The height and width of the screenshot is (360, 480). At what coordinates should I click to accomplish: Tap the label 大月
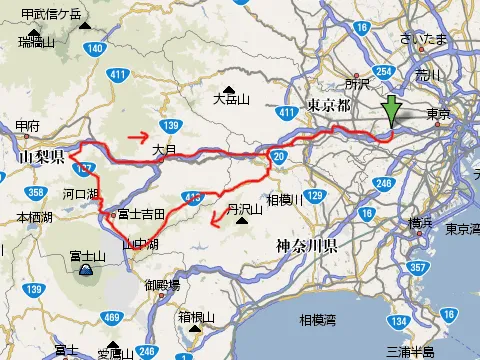(x=164, y=150)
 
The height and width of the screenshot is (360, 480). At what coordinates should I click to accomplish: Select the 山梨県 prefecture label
(x=41, y=157)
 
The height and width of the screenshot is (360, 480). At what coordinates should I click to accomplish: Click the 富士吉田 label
(x=141, y=213)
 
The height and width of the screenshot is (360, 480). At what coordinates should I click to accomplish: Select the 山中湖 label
(x=141, y=243)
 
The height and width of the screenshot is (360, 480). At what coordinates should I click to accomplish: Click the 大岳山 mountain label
(x=231, y=99)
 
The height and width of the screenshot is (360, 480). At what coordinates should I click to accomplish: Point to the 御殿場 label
(x=162, y=285)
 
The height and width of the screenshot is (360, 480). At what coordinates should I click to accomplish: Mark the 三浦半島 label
(x=412, y=351)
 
